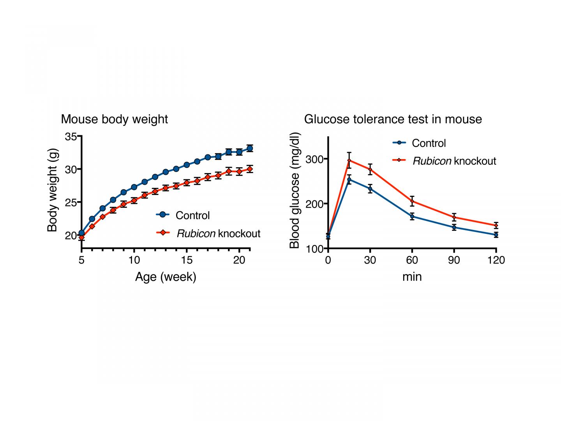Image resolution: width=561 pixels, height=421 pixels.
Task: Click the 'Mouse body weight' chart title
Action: (x=114, y=119)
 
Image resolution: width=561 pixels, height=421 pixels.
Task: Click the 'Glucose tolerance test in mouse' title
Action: (x=393, y=119)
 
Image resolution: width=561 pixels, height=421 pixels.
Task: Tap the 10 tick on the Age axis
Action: (x=134, y=260)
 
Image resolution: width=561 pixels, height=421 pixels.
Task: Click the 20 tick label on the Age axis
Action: (x=239, y=260)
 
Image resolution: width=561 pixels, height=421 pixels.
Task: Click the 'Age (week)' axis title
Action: (x=166, y=277)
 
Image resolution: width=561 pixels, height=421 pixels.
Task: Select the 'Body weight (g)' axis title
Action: (x=52, y=190)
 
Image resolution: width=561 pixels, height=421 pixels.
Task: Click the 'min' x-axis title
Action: (x=412, y=277)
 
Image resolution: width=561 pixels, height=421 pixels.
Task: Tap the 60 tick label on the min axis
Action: (x=412, y=260)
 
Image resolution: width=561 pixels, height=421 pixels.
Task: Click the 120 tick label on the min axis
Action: (x=496, y=260)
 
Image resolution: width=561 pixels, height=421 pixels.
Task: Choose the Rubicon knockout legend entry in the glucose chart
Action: (x=454, y=161)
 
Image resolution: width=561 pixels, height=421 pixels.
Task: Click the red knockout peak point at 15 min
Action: (x=349, y=160)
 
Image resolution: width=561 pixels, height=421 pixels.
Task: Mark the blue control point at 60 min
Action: (x=412, y=216)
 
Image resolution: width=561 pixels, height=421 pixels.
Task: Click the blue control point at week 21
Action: (x=249, y=148)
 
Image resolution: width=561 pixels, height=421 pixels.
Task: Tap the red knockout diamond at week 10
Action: (x=134, y=201)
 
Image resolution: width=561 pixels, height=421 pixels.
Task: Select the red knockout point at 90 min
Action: (x=454, y=217)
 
